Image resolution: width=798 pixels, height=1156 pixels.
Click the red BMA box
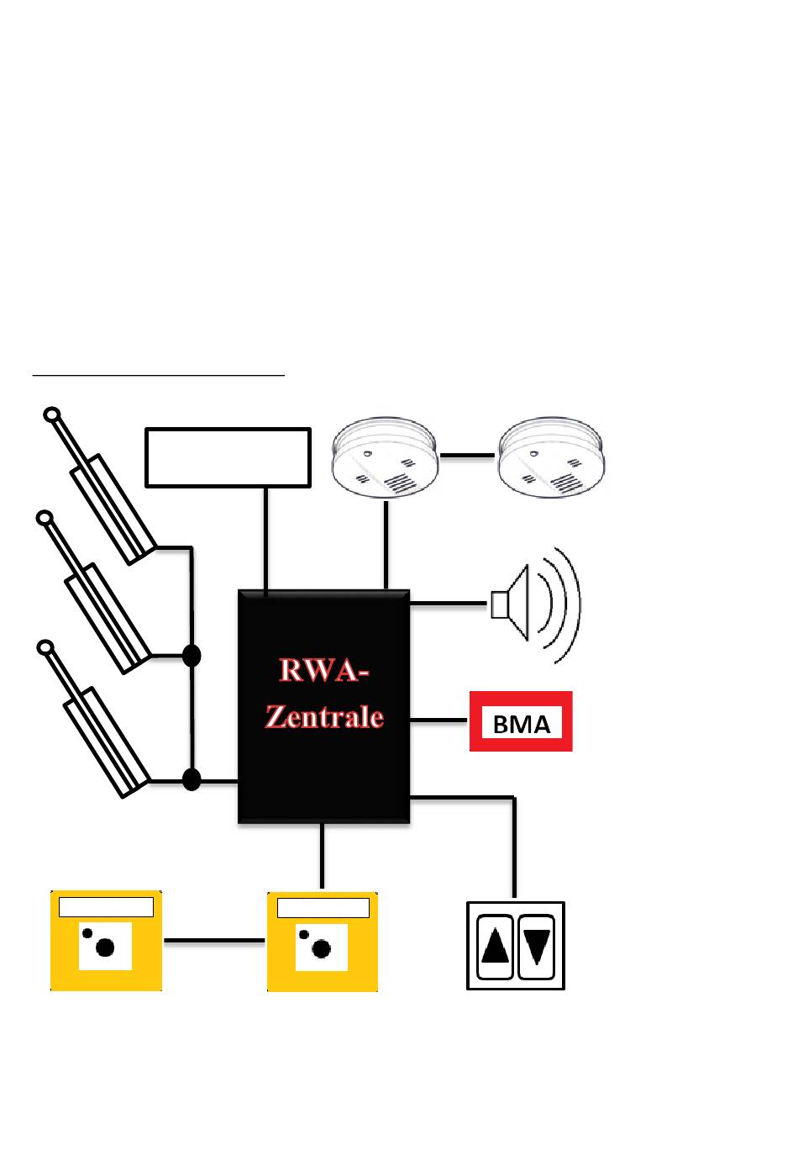pos(521,721)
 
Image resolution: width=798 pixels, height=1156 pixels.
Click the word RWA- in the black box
pos(324,672)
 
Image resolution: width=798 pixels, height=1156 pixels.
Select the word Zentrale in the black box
pos(324,715)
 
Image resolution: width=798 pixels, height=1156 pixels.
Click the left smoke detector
pos(385,459)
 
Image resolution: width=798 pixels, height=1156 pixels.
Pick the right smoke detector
pos(551,459)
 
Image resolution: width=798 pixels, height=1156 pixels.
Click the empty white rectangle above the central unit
pos(228,457)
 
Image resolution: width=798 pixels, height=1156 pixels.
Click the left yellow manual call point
pos(106,942)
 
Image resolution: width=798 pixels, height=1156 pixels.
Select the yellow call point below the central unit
pos(323,942)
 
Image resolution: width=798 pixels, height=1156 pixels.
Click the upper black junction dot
pos(192,656)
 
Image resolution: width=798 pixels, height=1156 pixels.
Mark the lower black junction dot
pos(192,780)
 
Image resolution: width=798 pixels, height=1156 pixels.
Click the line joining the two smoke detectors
pos(467,456)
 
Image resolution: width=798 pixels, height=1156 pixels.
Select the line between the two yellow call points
pos(214,942)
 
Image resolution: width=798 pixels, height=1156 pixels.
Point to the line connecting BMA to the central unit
pos(438,721)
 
